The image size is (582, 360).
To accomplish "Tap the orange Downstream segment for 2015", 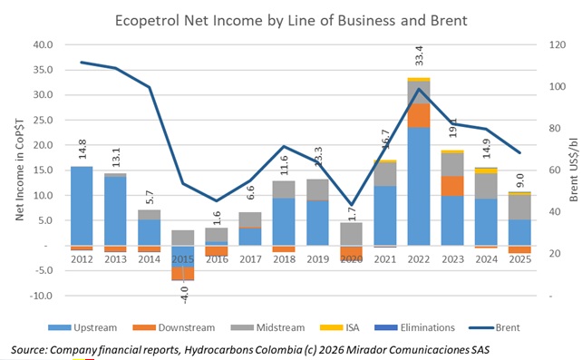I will click(x=183, y=273).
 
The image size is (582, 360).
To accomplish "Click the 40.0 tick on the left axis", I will click(x=43, y=44).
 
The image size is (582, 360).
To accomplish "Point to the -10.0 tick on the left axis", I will click(x=41, y=296).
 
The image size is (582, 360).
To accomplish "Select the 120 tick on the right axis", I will click(x=556, y=44).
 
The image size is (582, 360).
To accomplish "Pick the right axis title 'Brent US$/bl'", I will click(x=572, y=170).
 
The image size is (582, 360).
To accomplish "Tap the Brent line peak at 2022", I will click(x=419, y=88).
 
